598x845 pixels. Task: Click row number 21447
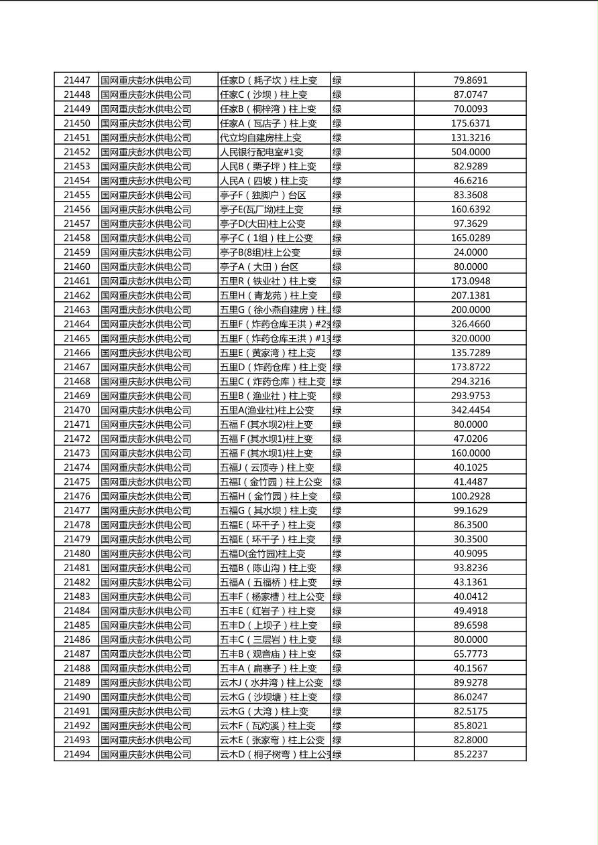pyautogui.click(x=76, y=80)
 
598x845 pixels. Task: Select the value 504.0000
pyautogui.click(x=470, y=152)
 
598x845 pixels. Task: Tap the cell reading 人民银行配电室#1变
pyautogui.click(x=261, y=152)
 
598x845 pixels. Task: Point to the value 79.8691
pyautogui.click(x=470, y=80)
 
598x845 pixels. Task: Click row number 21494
pyautogui.click(x=76, y=755)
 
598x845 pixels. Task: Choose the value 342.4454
pyautogui.click(x=470, y=410)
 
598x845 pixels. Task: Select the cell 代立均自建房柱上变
pyautogui.click(x=261, y=138)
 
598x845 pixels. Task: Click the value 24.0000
pyautogui.click(x=470, y=252)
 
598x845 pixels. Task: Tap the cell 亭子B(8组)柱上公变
pyautogui.click(x=260, y=252)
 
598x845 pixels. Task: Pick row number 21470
pyautogui.click(x=76, y=410)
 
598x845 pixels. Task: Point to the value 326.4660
pyautogui.click(x=470, y=324)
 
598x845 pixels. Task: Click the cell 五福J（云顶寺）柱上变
pyautogui.click(x=267, y=467)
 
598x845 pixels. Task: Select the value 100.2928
pyautogui.click(x=470, y=496)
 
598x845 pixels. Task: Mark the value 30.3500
pyautogui.click(x=470, y=539)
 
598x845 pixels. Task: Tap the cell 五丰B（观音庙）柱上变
pyautogui.click(x=268, y=654)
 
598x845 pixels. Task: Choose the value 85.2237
pyautogui.click(x=470, y=755)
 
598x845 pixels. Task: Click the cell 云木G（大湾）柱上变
pyautogui.click(x=264, y=711)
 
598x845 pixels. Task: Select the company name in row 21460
pyautogui.click(x=146, y=267)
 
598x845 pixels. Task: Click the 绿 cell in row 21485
pyautogui.click(x=337, y=625)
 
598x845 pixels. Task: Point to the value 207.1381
pyautogui.click(x=470, y=295)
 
